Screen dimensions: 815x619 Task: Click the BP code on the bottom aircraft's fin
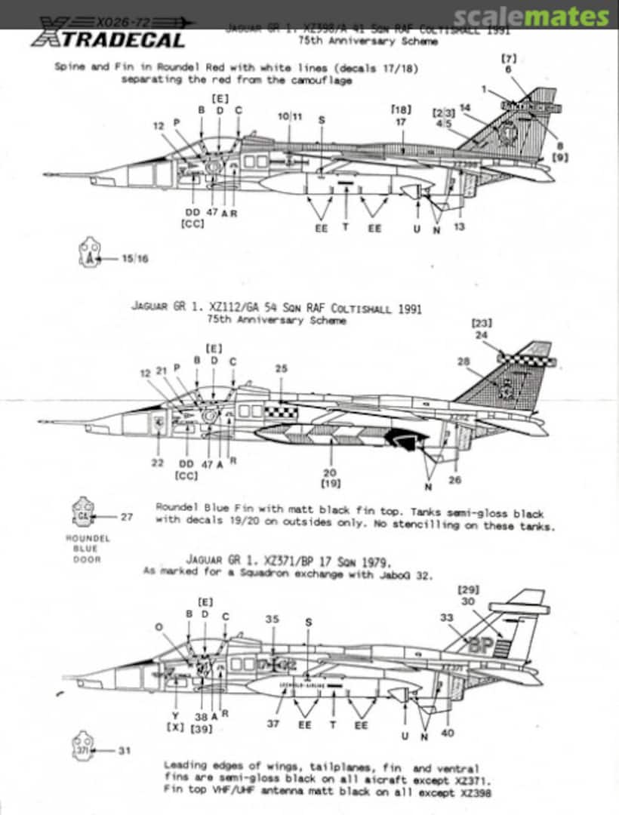point(480,645)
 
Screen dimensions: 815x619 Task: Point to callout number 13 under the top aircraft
point(460,227)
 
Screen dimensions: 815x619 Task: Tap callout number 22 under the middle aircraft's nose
point(157,463)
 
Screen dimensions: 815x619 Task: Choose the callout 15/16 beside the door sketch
point(137,258)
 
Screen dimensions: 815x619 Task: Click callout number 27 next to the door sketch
point(127,517)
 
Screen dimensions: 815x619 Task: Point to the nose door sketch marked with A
point(90,254)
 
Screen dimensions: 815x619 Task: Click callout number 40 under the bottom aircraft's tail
point(449,733)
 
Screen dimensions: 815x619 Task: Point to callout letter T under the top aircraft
point(346,227)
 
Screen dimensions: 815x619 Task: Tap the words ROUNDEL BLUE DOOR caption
point(88,549)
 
